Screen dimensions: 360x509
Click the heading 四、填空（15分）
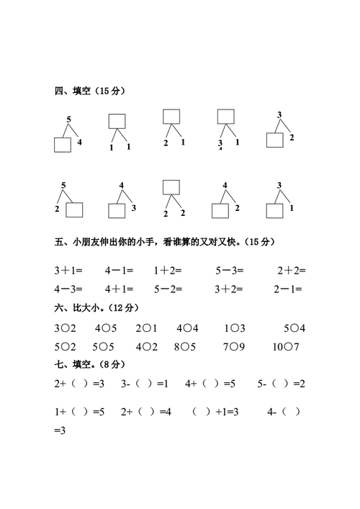coord(90,91)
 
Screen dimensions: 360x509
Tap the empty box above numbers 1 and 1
coord(117,121)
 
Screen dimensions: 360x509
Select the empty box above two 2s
coord(171,187)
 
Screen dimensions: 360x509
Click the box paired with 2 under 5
coord(74,210)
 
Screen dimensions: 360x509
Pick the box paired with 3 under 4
coord(117,210)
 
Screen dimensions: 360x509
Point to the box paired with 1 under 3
coord(274,210)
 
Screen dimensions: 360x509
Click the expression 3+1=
coord(69,271)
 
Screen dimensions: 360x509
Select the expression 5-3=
coord(229,271)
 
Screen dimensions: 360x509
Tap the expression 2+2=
coord(291,271)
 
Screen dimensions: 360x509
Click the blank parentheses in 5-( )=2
coord(276,384)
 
